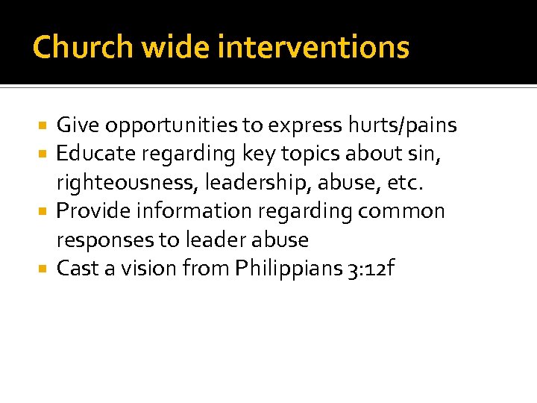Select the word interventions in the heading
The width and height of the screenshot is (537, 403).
(x=313, y=47)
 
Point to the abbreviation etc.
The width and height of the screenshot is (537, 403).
(x=409, y=183)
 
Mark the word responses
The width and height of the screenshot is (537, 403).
(x=104, y=240)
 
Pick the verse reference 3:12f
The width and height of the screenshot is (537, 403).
(x=367, y=269)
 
